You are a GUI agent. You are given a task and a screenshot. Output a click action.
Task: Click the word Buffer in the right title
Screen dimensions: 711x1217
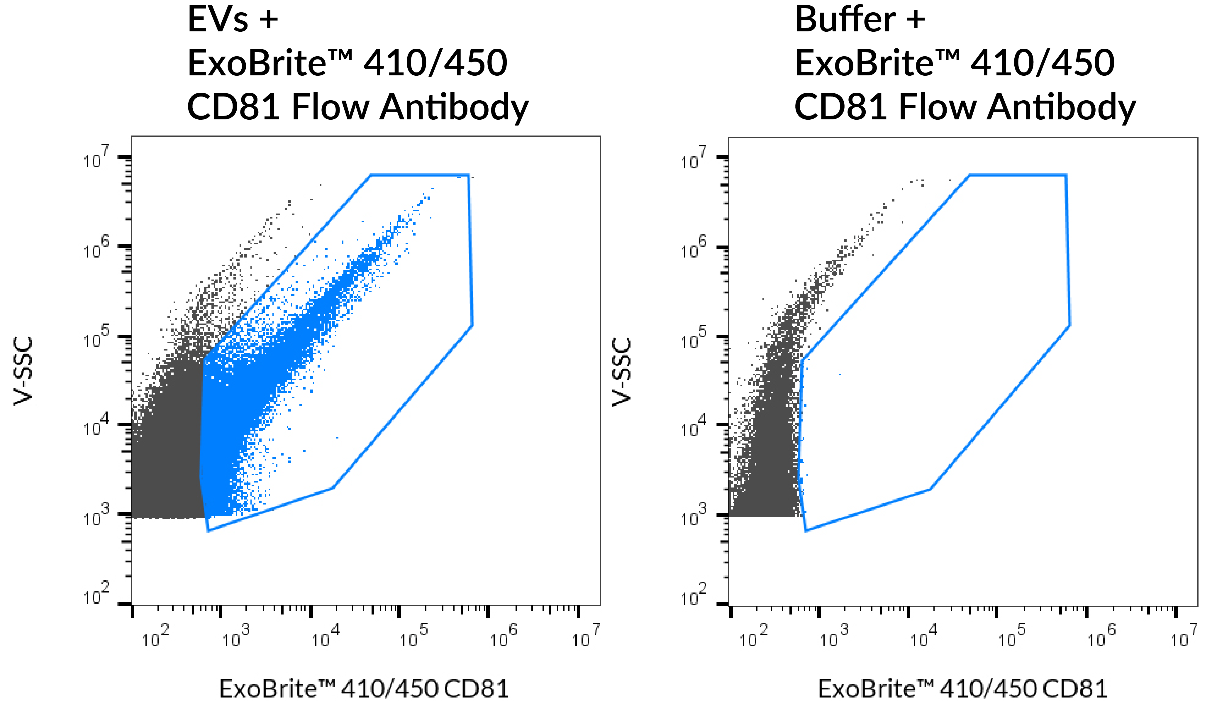point(845,20)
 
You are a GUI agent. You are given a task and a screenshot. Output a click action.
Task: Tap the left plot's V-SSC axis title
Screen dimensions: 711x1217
point(23,371)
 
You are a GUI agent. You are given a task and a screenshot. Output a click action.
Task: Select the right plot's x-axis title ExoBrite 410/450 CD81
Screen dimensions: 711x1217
point(962,688)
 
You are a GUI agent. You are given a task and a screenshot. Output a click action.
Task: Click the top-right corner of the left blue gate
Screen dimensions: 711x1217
point(468,175)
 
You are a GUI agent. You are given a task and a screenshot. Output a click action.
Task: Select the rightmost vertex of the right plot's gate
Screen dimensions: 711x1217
point(1070,325)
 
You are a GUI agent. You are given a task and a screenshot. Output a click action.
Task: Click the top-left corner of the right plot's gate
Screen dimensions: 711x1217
point(969,175)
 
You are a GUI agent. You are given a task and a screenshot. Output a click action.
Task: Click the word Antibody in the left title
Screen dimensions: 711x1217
point(454,107)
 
